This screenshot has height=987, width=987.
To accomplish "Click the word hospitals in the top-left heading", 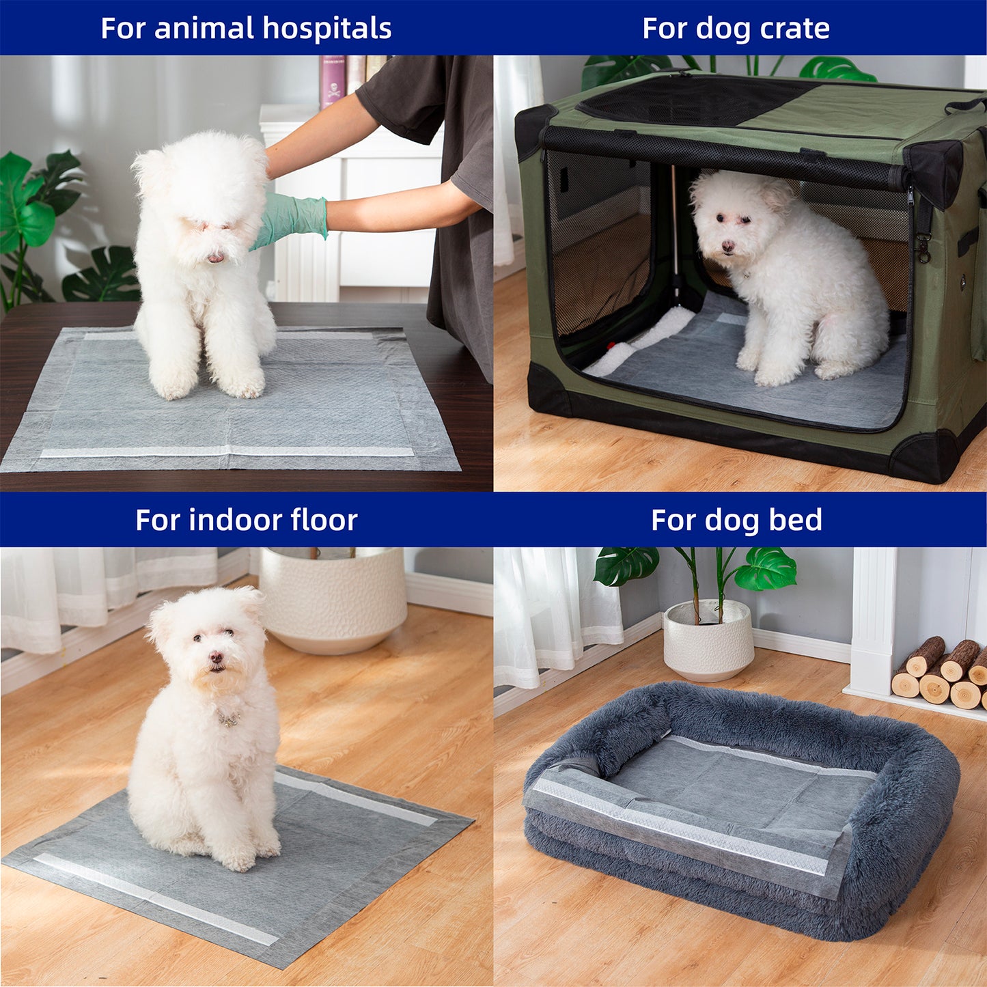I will point(326,29).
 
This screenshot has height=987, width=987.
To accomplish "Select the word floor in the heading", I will point(324,520).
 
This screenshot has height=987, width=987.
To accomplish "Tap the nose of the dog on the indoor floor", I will point(216,658).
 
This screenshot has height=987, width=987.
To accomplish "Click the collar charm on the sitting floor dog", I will point(229,719).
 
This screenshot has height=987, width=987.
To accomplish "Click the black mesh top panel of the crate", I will point(690,101).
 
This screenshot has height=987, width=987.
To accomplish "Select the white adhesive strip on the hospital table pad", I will point(227,451).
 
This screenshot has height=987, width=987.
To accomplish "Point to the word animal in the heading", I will point(204,29).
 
